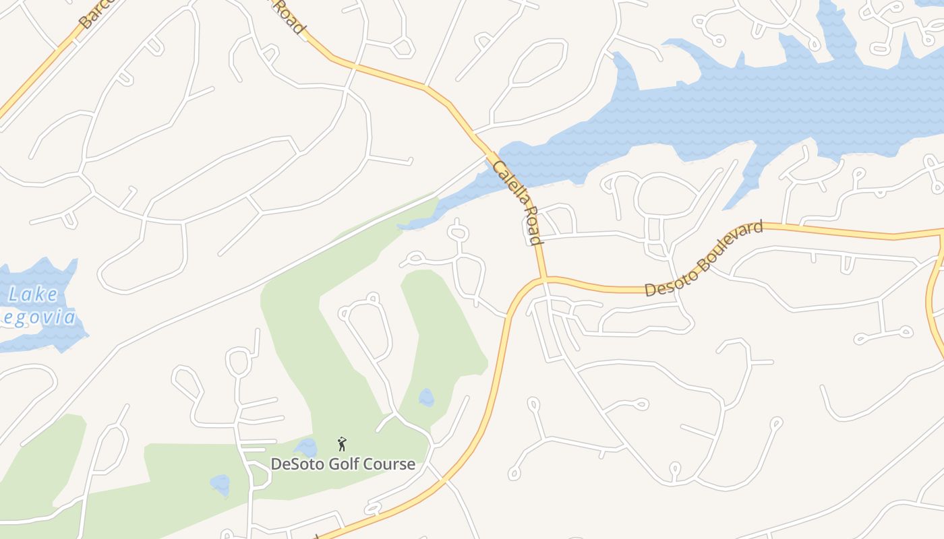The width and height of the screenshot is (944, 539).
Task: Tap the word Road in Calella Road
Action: pyautogui.click(x=532, y=230)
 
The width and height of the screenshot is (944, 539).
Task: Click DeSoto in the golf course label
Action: pyautogui.click(x=294, y=464)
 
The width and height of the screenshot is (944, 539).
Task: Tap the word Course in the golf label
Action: pyautogui.click(x=390, y=464)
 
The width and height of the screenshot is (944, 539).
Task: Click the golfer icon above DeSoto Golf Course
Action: pyautogui.click(x=342, y=444)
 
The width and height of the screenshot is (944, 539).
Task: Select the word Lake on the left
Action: pyautogui.click(x=33, y=295)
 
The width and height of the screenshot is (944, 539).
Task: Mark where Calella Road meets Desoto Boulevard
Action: pyautogui.click(x=543, y=279)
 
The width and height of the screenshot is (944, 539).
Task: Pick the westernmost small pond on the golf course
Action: pyautogui.click(x=220, y=484)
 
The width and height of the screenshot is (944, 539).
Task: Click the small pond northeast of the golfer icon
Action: pyautogui.click(x=426, y=398)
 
